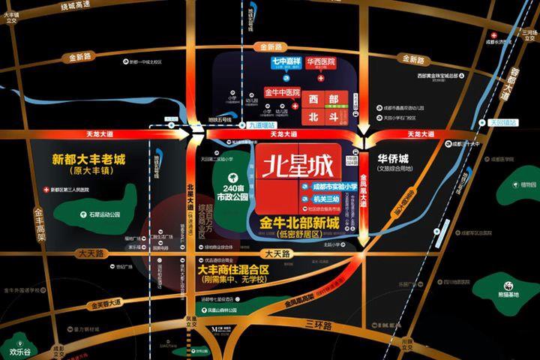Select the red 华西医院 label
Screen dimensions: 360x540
tap(321, 63)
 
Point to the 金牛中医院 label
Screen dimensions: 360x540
tap(282, 92)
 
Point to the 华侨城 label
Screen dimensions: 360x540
tap(392, 160)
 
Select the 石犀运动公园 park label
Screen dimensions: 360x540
tap(103, 214)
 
